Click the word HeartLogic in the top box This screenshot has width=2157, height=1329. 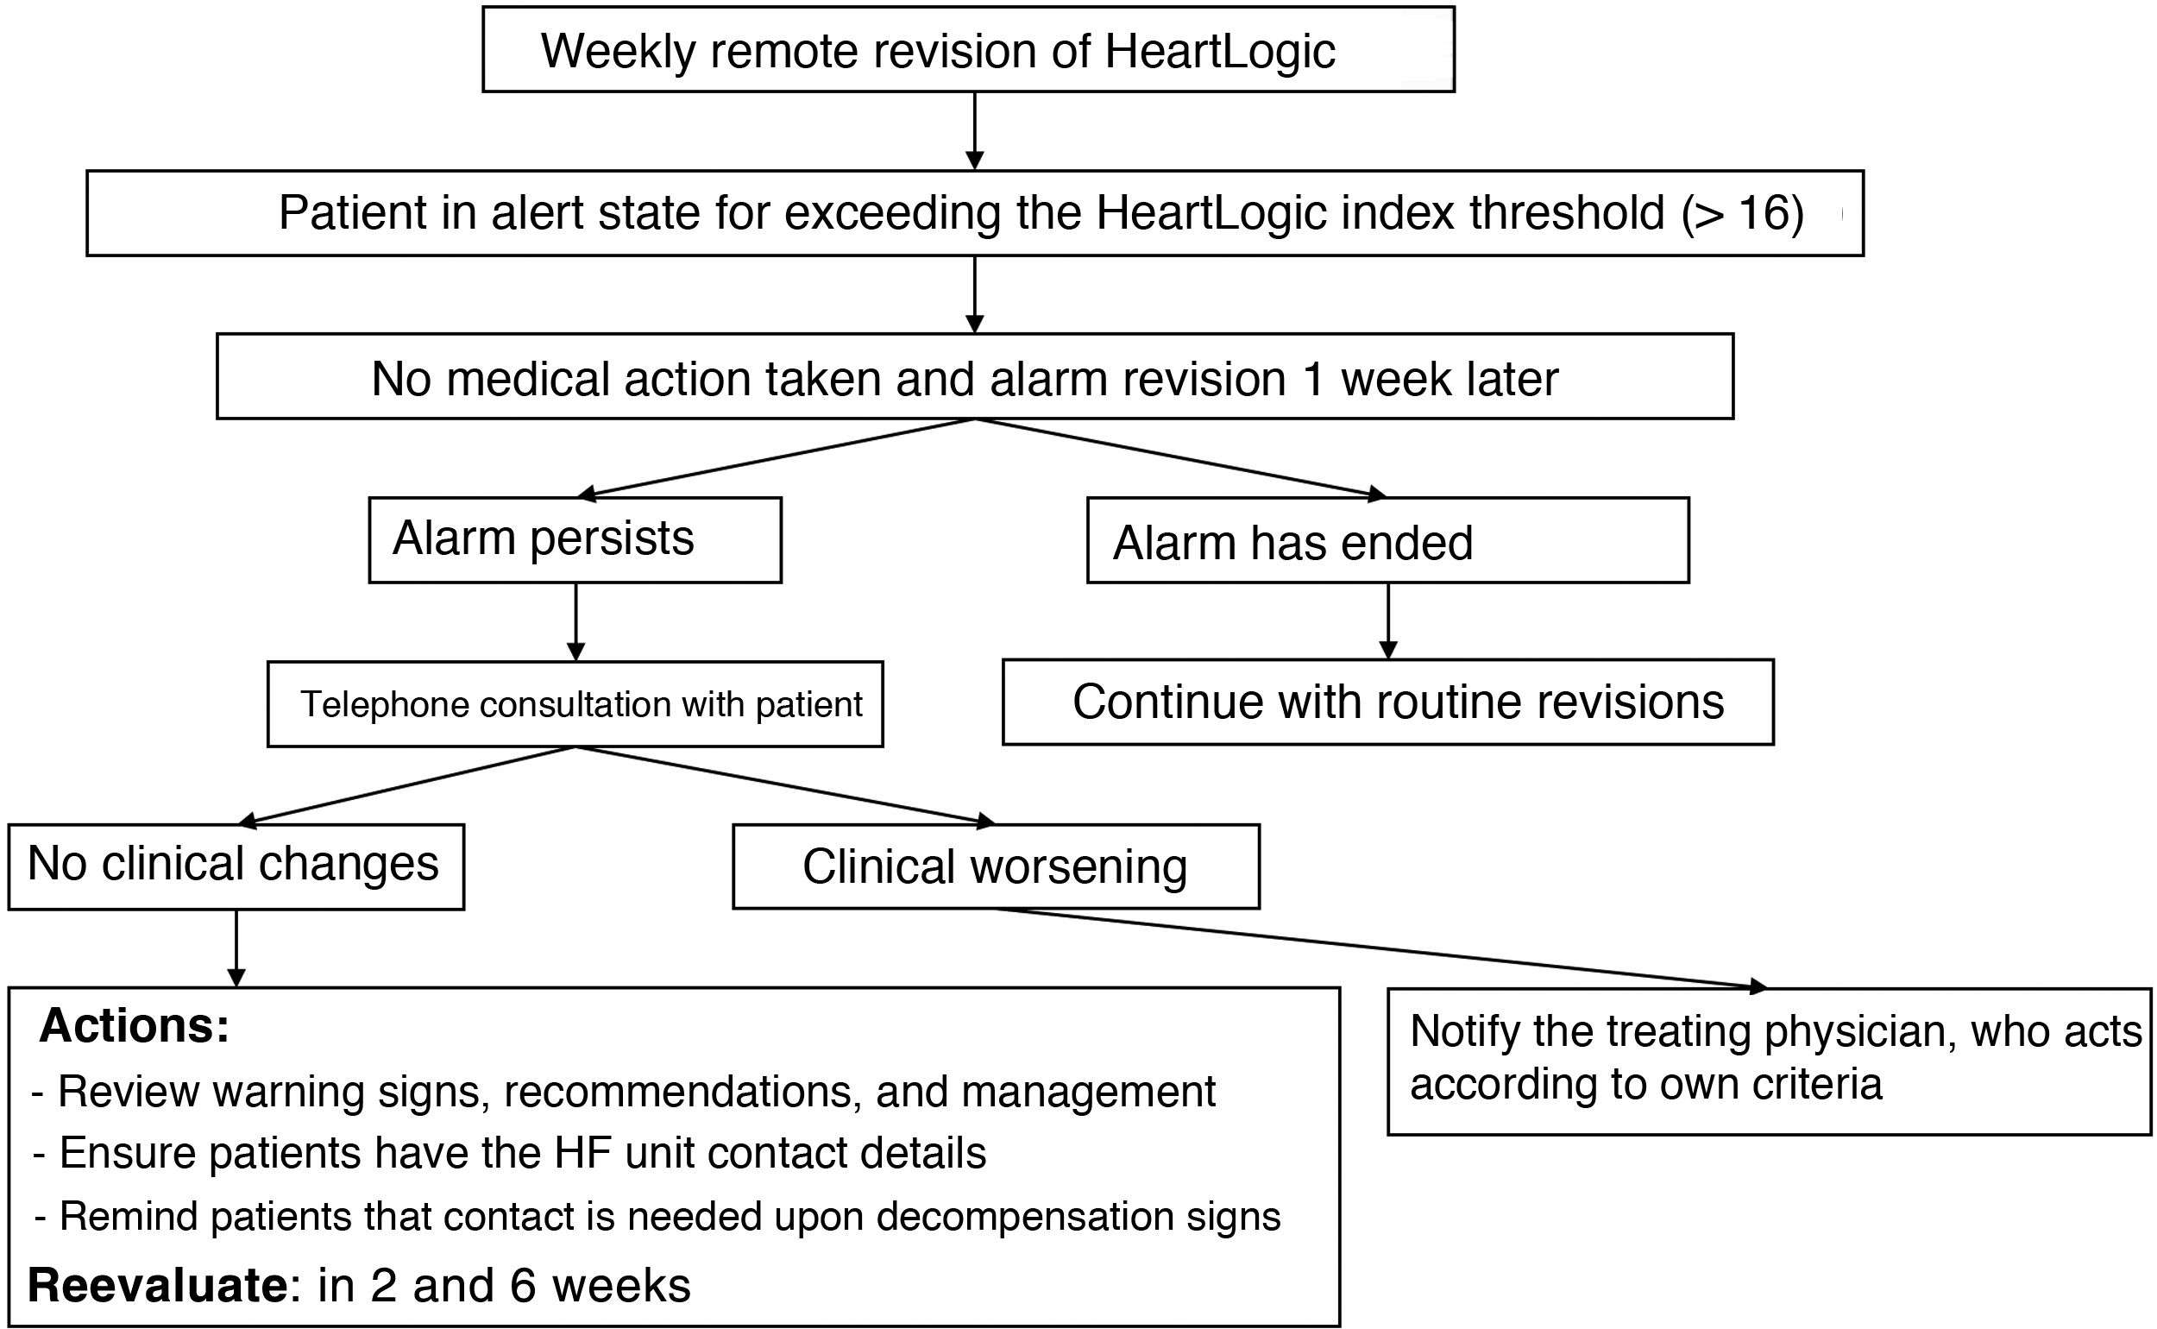click(1219, 51)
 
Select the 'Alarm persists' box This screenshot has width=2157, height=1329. click(575, 539)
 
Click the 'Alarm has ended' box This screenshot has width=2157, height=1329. click(1387, 540)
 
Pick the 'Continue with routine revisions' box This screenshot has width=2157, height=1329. click(1387, 702)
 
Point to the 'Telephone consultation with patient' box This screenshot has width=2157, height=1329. click(575, 704)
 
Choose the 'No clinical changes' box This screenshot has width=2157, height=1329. click(236, 865)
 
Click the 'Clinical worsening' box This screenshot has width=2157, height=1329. click(995, 866)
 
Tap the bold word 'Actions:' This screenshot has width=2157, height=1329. click(135, 1026)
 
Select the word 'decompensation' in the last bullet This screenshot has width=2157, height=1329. click(1024, 1217)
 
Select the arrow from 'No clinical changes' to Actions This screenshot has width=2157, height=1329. click(236, 948)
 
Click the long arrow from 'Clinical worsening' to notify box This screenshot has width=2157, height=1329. click(1380, 948)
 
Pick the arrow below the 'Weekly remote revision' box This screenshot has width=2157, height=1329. click(974, 130)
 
